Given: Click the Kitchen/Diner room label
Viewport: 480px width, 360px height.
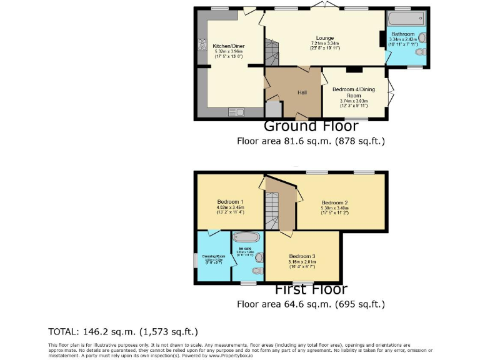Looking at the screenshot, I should (224, 46).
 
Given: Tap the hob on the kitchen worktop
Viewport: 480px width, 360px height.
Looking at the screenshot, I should (202, 45).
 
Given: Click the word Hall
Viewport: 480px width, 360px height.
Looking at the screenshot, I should (302, 92).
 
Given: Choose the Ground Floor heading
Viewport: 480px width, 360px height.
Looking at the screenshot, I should (311, 126).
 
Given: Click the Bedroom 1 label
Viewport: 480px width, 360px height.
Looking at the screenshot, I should (230, 202).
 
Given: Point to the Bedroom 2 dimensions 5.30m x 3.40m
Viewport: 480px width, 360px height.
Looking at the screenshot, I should (335, 208).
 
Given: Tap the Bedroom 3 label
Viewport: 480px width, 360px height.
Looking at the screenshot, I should (302, 256).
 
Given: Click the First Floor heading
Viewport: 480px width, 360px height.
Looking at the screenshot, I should (311, 289).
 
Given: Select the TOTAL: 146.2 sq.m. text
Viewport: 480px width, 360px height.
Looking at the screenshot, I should (122, 331).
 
